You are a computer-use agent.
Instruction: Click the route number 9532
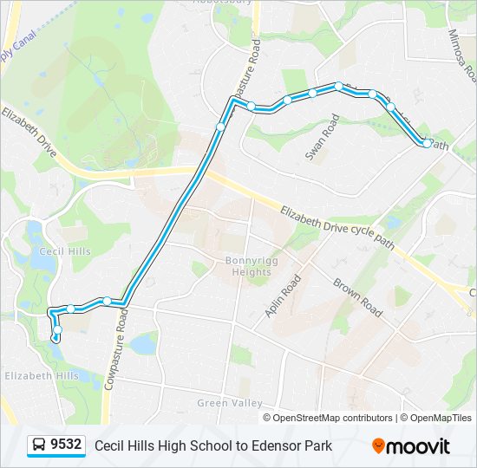(x=66, y=445)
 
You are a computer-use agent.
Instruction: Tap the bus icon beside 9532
(x=40, y=445)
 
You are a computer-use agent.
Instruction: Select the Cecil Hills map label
(x=65, y=251)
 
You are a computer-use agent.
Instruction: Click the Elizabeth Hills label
(x=42, y=376)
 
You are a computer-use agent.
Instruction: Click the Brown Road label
(x=357, y=296)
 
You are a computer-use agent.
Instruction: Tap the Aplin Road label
(x=283, y=296)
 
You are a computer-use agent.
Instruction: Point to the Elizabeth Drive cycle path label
(x=337, y=227)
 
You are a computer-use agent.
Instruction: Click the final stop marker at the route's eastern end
(x=425, y=142)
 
